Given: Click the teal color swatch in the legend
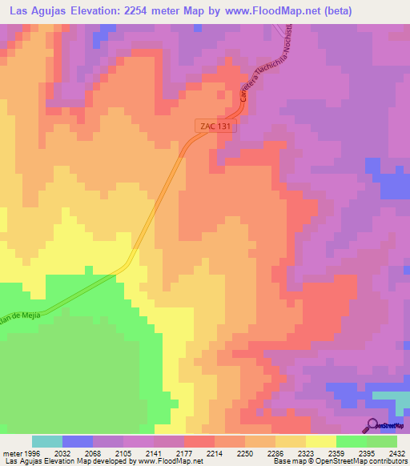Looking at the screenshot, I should (x=47, y=441).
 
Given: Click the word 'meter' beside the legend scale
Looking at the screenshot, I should (x=9, y=453).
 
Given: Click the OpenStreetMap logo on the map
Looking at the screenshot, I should (x=384, y=425).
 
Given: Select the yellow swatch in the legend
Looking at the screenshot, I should (x=320, y=441).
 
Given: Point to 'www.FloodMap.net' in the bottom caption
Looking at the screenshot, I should (x=170, y=461).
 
